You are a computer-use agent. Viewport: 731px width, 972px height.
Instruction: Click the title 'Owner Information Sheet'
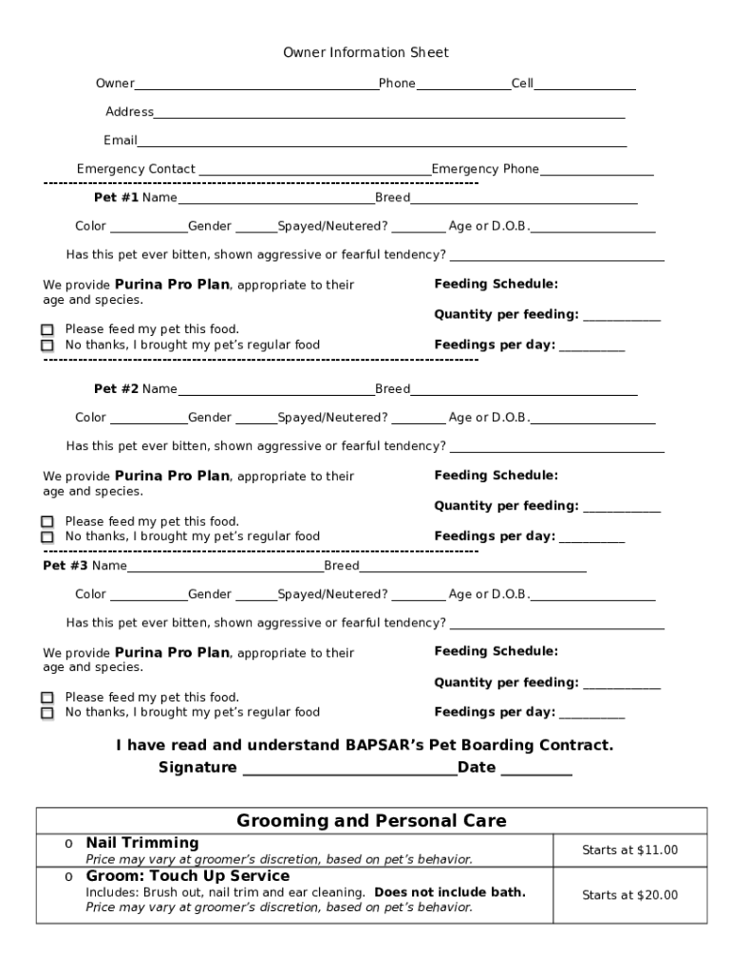[365, 53]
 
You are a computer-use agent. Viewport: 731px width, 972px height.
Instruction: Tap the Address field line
[389, 114]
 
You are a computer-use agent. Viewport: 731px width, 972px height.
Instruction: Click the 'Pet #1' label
[116, 198]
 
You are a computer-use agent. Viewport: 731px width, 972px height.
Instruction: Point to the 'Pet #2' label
[116, 389]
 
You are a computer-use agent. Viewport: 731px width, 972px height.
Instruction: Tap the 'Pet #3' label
[66, 566]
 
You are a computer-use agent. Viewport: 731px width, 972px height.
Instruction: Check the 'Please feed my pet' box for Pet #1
[47, 330]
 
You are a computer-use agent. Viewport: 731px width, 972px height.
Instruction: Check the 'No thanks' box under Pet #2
[47, 537]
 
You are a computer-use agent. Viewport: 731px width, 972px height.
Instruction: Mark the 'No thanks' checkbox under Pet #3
[47, 713]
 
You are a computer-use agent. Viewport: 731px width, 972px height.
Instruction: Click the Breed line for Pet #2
[523, 391]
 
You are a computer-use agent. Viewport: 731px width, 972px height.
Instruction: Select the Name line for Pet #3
[225, 569]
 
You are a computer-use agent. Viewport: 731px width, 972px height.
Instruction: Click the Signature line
[348, 770]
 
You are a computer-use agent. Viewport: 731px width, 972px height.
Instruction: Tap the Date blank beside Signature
[535, 770]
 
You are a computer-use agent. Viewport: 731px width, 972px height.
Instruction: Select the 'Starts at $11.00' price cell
[629, 850]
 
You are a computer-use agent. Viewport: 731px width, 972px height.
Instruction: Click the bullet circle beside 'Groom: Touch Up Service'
[69, 877]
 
